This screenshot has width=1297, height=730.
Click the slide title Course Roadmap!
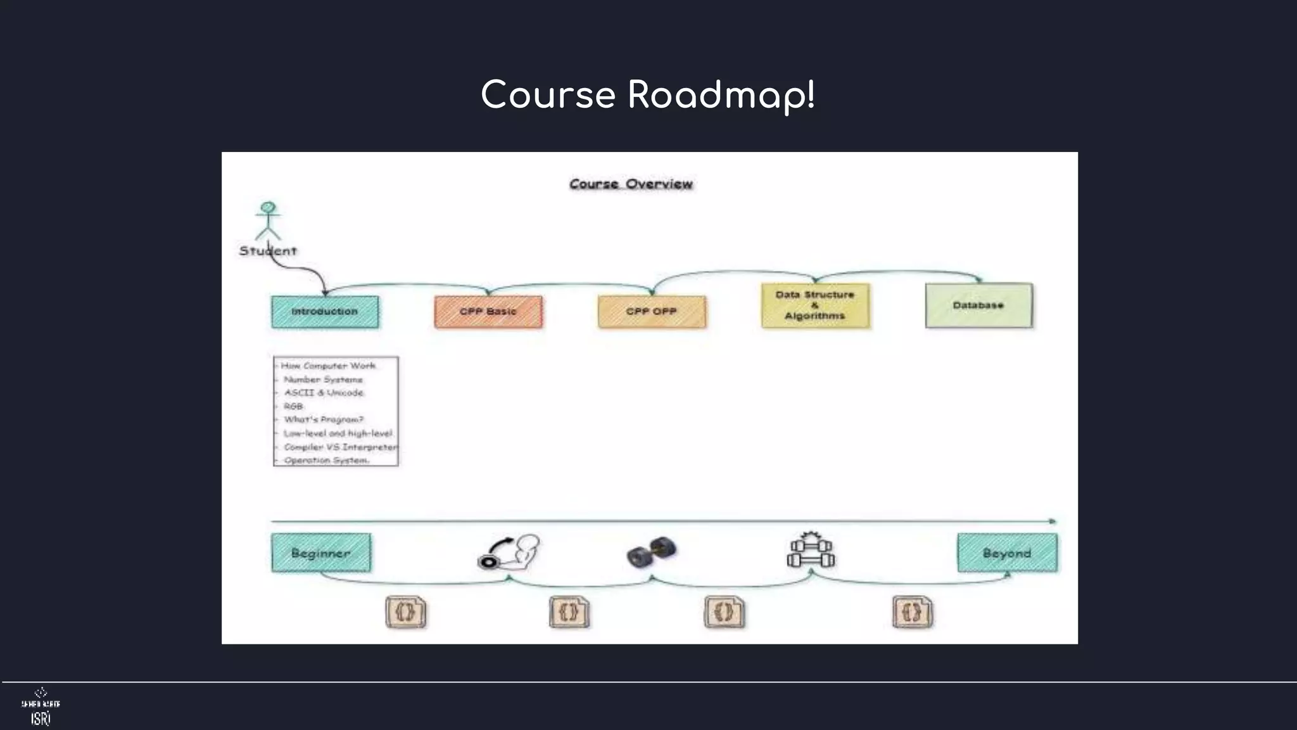coord(648,95)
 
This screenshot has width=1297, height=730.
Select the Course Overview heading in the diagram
coord(631,184)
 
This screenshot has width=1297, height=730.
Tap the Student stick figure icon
coord(268,221)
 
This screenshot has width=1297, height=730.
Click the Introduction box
coord(325,312)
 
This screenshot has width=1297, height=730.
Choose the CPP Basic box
coord(488,312)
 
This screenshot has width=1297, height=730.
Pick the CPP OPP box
coord(652,312)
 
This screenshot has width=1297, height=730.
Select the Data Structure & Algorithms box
coord(815,305)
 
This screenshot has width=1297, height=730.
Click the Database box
coord(978,305)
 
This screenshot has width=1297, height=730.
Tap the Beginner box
coord(321,553)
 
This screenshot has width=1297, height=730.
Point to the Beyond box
coord(1007,553)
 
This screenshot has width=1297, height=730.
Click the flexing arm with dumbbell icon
coord(510,551)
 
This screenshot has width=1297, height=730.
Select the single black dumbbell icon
coord(652,551)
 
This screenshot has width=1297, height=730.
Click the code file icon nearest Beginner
coord(406,612)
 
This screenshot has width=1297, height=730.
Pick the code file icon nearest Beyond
coord(913,612)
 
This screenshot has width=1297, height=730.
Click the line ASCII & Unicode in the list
coord(324,393)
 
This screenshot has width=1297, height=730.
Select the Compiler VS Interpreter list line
coord(340,447)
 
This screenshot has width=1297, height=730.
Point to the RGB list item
coord(293,406)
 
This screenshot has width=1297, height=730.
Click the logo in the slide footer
coord(41,707)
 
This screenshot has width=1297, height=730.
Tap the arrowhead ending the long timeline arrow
coord(1053,522)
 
